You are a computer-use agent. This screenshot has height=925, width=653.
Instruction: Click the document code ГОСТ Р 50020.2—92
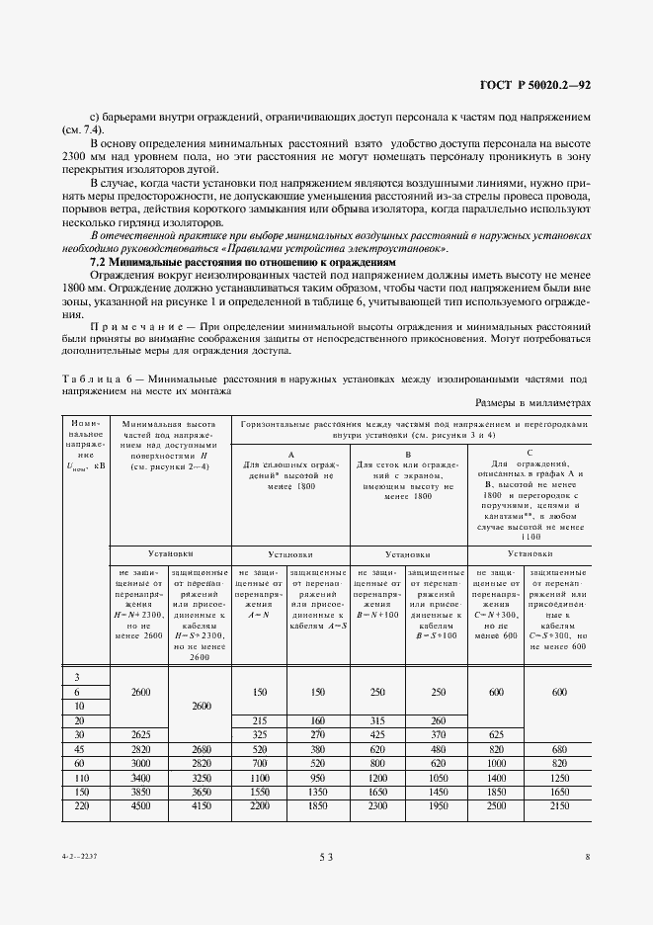pyautogui.click(x=536, y=85)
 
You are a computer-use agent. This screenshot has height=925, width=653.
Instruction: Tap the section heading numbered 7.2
pyautogui.click(x=237, y=264)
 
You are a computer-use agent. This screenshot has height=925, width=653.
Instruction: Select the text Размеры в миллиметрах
pyautogui.click(x=532, y=402)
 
